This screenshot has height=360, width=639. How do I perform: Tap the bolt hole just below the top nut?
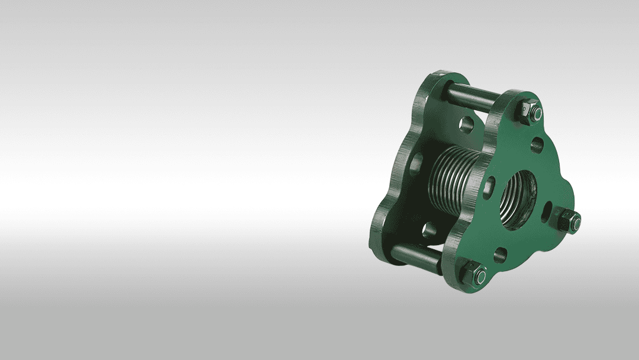pos(537,144)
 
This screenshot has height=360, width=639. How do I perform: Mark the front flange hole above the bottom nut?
pos(500,255)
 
